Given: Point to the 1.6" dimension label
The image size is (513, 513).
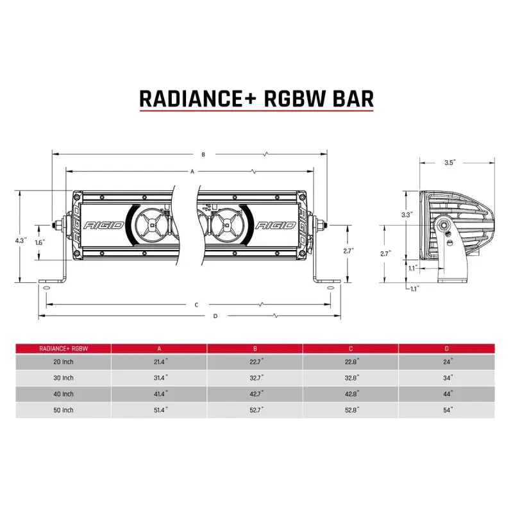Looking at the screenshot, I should tap(39, 242).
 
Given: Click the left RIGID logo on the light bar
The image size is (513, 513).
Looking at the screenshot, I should tap(99, 226).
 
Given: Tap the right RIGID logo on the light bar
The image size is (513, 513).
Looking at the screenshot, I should tap(276, 226).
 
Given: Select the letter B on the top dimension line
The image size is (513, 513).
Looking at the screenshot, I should tap(203, 155).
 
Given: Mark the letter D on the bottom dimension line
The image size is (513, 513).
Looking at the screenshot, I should tap(215, 316).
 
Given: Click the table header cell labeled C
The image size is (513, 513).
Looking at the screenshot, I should tap(351, 348).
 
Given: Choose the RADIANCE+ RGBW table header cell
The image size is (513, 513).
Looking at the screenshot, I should tap(63, 348).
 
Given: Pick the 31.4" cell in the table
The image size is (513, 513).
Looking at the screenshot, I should tap(159, 378).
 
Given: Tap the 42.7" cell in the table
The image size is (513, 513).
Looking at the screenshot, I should tap(255, 393).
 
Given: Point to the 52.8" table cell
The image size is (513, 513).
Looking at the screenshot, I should tap(351, 408).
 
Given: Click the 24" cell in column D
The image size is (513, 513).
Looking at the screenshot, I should tap(447, 362).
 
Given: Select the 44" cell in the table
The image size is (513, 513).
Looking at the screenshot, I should tap(447, 393).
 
